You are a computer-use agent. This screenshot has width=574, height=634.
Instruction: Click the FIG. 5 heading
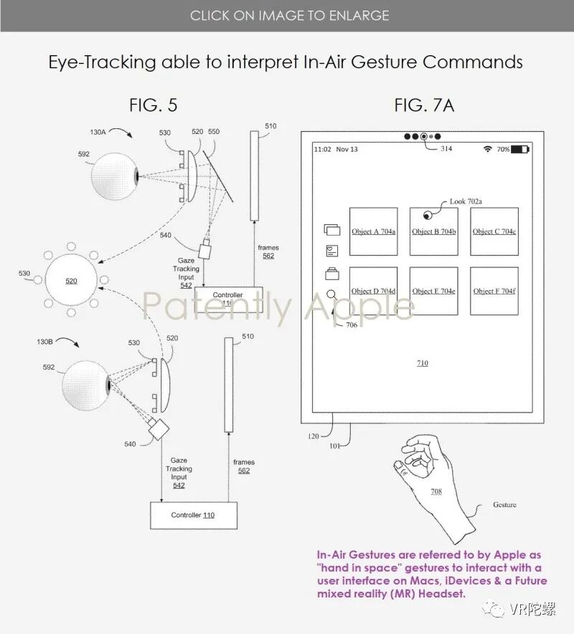tap(153, 105)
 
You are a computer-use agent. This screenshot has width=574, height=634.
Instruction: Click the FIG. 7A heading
tap(424, 105)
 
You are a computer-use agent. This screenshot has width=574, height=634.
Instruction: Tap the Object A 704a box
tap(373, 231)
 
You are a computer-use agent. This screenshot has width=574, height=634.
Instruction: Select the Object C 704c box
tap(494, 231)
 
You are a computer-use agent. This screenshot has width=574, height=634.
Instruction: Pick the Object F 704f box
tap(494, 291)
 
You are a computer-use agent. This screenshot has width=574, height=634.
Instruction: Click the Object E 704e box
tap(434, 291)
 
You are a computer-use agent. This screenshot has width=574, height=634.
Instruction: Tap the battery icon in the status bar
tap(520, 150)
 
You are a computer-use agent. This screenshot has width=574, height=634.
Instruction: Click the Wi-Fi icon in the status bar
tap(488, 150)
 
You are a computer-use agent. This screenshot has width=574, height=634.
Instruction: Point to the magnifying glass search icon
tap(331, 294)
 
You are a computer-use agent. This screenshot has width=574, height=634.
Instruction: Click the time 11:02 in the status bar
tap(322, 150)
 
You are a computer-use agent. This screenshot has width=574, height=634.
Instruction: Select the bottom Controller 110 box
tap(192, 515)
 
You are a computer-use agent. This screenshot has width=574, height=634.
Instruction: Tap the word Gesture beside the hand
tap(504, 505)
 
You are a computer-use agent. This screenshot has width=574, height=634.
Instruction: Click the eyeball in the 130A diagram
tap(113, 175)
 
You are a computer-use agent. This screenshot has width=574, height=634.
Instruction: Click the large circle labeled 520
tap(71, 281)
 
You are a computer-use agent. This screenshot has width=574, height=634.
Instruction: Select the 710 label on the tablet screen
tap(423, 363)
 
